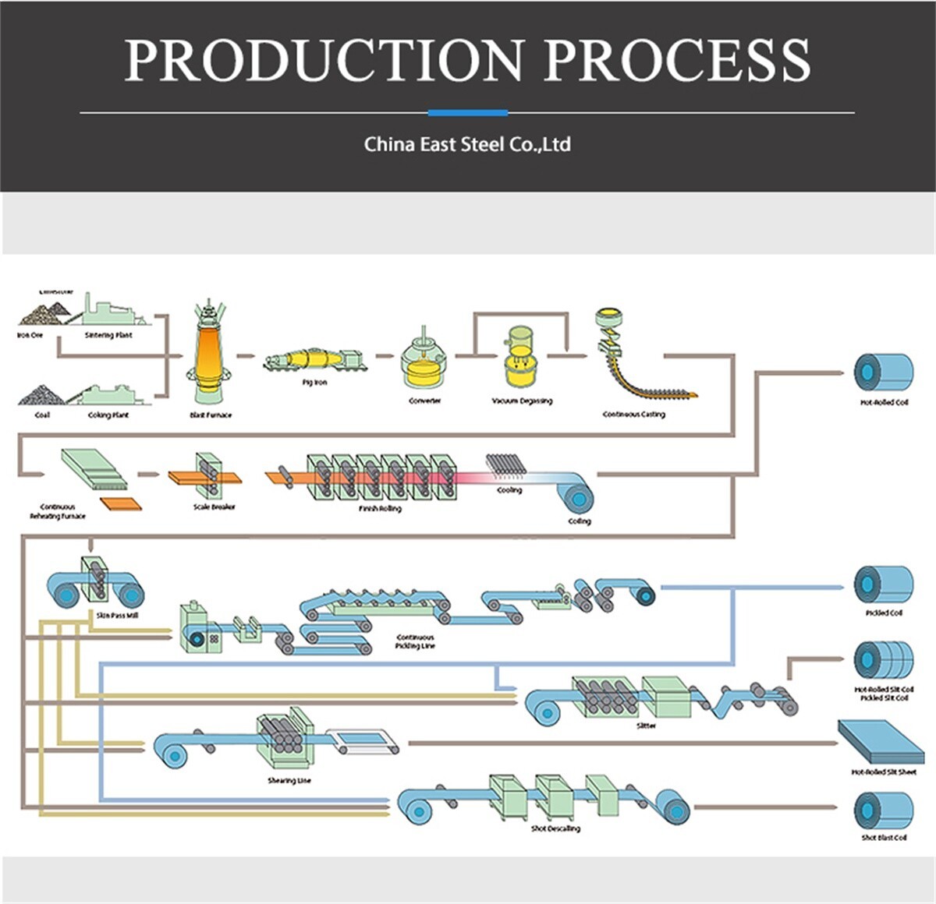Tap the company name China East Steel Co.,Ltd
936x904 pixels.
point(467,144)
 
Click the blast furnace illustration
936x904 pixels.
point(209,355)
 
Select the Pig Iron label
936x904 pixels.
point(314,383)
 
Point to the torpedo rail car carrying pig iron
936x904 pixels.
point(314,359)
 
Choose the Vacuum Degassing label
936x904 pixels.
point(522,401)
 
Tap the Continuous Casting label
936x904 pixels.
point(633,415)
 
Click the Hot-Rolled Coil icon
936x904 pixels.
point(884,372)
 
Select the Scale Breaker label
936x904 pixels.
point(214,507)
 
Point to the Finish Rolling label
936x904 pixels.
point(380,509)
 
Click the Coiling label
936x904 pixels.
point(579,521)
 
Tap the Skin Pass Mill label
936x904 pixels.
point(117,616)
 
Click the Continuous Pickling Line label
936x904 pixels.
point(415,641)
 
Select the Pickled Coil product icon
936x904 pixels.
point(884,584)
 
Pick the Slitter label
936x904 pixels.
point(646,726)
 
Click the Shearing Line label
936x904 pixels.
point(289,780)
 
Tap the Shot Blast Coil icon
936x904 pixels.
point(884,810)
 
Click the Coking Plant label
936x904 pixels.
point(108,415)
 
